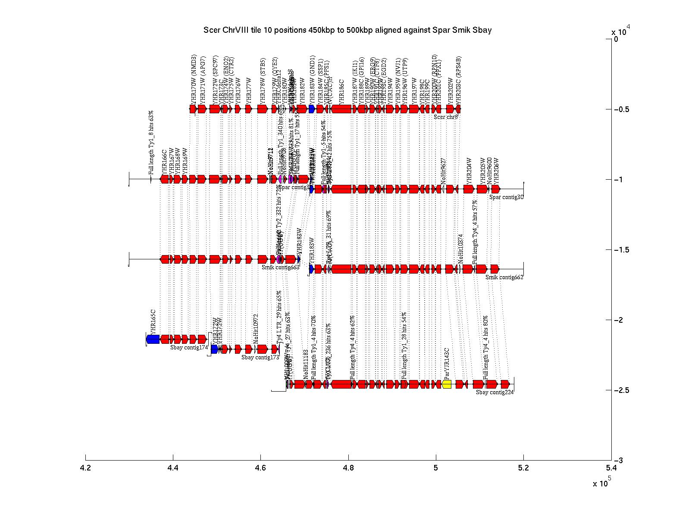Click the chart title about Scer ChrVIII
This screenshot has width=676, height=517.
click(347, 30)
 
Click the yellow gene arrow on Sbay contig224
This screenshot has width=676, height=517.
click(447, 384)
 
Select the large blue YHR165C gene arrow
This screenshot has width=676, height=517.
click(153, 339)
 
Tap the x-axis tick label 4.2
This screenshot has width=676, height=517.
click(86, 467)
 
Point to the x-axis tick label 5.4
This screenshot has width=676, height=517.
click(611, 467)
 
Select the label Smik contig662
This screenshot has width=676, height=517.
click(504, 277)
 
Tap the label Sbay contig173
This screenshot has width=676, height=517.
click(260, 357)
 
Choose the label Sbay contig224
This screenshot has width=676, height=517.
click(494, 392)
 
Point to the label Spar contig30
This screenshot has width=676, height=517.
click(506, 197)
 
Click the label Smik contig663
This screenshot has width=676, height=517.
click(280, 268)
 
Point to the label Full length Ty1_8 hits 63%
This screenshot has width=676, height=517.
click(151, 142)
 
